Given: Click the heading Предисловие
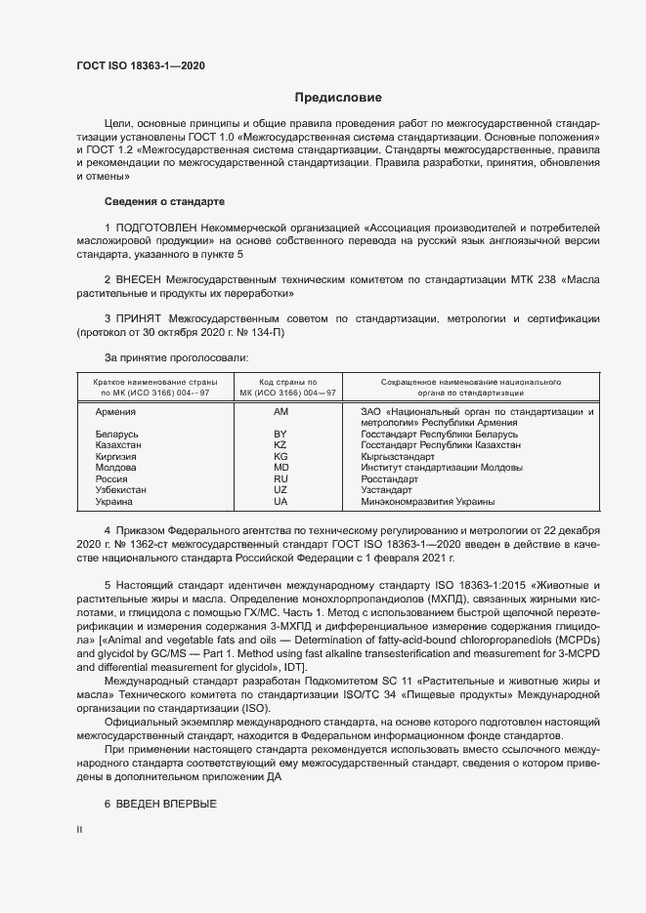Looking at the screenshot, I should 338,98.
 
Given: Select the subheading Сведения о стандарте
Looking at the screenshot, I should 164,201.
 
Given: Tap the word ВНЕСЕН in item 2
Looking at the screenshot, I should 144,278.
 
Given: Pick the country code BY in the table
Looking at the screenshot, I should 280,433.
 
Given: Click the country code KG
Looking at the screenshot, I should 280,456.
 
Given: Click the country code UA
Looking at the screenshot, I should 280,502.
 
